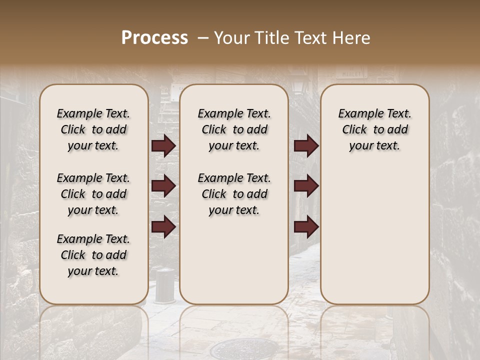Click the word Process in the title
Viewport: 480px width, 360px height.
154,38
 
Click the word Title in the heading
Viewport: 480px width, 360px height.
271,38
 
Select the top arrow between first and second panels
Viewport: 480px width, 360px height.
163,146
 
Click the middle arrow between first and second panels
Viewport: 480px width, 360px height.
163,186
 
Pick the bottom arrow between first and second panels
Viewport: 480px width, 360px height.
163,227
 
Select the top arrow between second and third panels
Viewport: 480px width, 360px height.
306,146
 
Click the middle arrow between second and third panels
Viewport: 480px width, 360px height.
306,186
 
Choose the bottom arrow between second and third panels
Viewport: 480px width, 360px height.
306,227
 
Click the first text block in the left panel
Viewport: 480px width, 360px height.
93,129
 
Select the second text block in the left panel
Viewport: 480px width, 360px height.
93,194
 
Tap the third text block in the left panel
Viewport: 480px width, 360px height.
93,255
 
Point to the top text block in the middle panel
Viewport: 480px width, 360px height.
234,129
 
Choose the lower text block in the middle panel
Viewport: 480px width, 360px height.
234,194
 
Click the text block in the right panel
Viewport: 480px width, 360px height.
374,129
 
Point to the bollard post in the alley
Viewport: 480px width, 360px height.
164,285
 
